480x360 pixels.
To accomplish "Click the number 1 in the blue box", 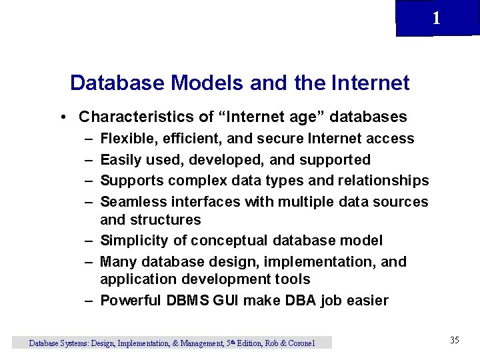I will (x=436, y=18).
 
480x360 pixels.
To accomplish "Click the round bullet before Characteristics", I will (x=61, y=117).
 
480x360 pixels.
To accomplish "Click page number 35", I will (x=454, y=341).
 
